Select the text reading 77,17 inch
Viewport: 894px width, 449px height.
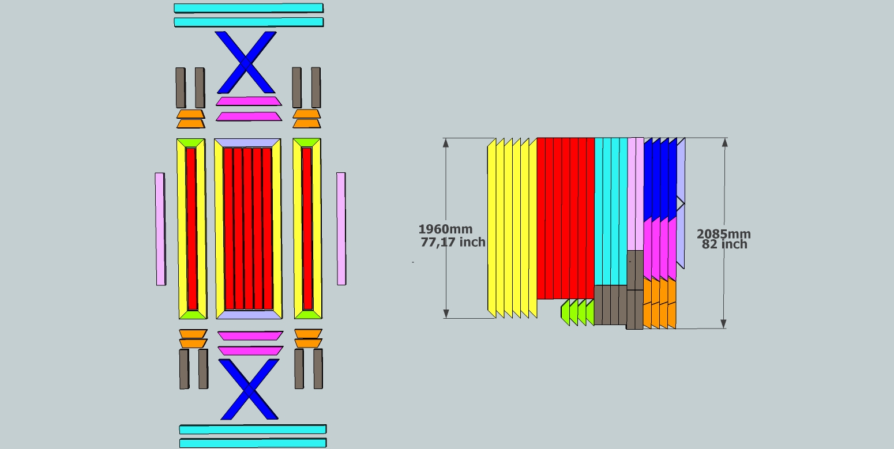click(x=453, y=242)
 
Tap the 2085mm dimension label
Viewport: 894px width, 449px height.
click(x=724, y=234)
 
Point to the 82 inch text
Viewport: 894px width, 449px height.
click(x=724, y=244)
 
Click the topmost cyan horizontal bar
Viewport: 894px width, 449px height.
click(x=249, y=8)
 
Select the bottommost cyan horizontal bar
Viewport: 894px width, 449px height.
click(x=252, y=443)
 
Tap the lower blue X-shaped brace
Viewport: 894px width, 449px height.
click(x=249, y=389)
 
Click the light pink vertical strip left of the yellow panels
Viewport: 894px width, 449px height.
click(x=160, y=229)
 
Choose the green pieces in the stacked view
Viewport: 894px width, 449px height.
click(x=577, y=312)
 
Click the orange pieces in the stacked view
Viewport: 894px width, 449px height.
click(x=659, y=304)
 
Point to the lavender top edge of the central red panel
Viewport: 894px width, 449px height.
click(x=247, y=143)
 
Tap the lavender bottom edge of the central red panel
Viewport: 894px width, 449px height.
click(x=249, y=314)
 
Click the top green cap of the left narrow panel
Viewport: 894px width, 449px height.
click(x=191, y=142)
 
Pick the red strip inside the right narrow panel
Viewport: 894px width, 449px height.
click(x=307, y=228)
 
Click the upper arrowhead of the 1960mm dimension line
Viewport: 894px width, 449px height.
click(x=445, y=143)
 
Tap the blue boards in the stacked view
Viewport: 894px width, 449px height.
click(x=659, y=179)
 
